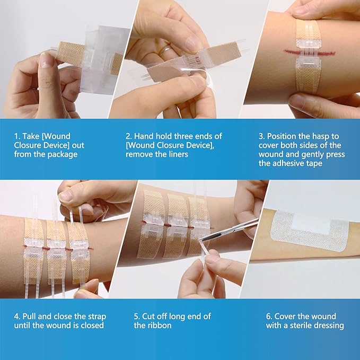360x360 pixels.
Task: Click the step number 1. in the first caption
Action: (17, 136)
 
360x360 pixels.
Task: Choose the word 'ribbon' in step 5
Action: (161, 325)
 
